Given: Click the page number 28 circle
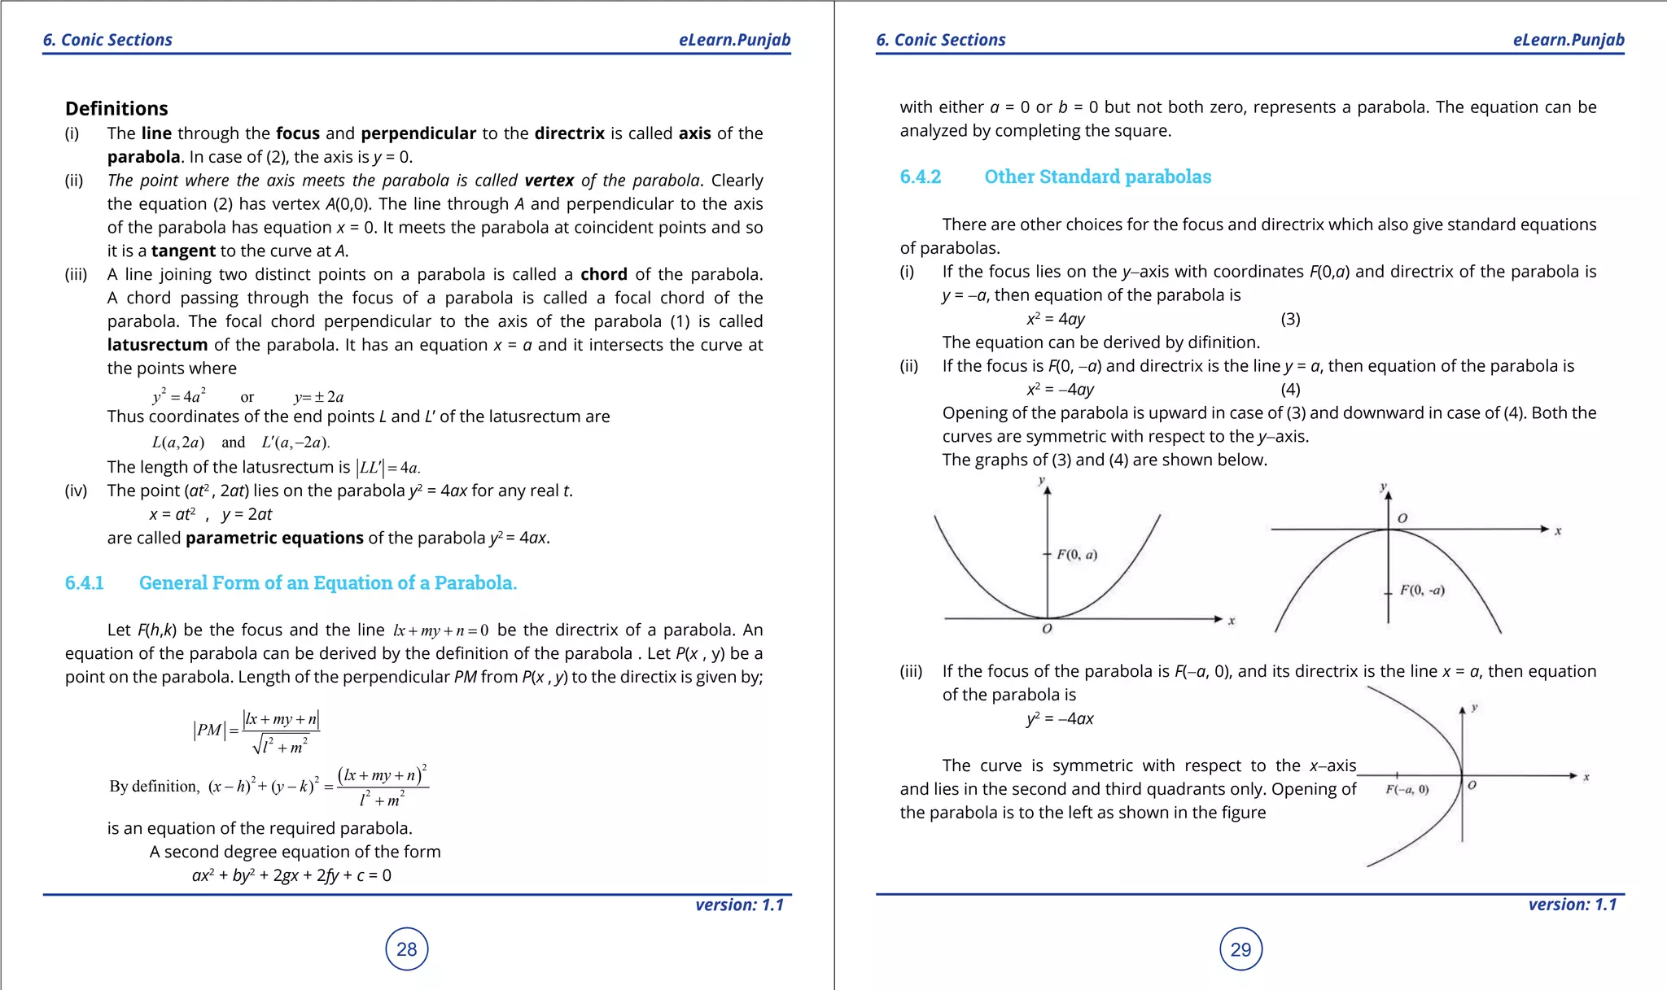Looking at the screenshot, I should [406, 949].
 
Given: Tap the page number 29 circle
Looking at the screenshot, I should [1240, 949].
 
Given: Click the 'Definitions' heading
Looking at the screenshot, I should [116, 108].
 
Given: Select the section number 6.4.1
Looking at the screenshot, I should [84, 582].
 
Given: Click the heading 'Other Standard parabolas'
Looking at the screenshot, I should [1097, 177].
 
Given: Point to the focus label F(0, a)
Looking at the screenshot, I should [1077, 555].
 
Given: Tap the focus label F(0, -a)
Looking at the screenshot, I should [1422, 590].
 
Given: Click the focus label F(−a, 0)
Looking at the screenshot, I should [1407, 789].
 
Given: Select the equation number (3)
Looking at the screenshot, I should [1290, 319].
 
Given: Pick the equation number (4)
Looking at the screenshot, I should [1290, 390].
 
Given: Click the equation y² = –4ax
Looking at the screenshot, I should [1060, 718].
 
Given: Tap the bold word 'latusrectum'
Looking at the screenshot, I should [157, 345].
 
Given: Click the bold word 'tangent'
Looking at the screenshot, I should [183, 251].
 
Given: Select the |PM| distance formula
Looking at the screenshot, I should [256, 731].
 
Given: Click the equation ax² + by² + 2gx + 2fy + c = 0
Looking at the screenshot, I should [291, 875].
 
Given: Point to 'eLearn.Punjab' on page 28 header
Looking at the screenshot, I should [734, 40].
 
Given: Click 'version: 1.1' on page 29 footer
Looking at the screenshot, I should [1572, 905].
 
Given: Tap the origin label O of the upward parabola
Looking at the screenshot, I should [1047, 629].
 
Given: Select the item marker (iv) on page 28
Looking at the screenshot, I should [76, 491].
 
